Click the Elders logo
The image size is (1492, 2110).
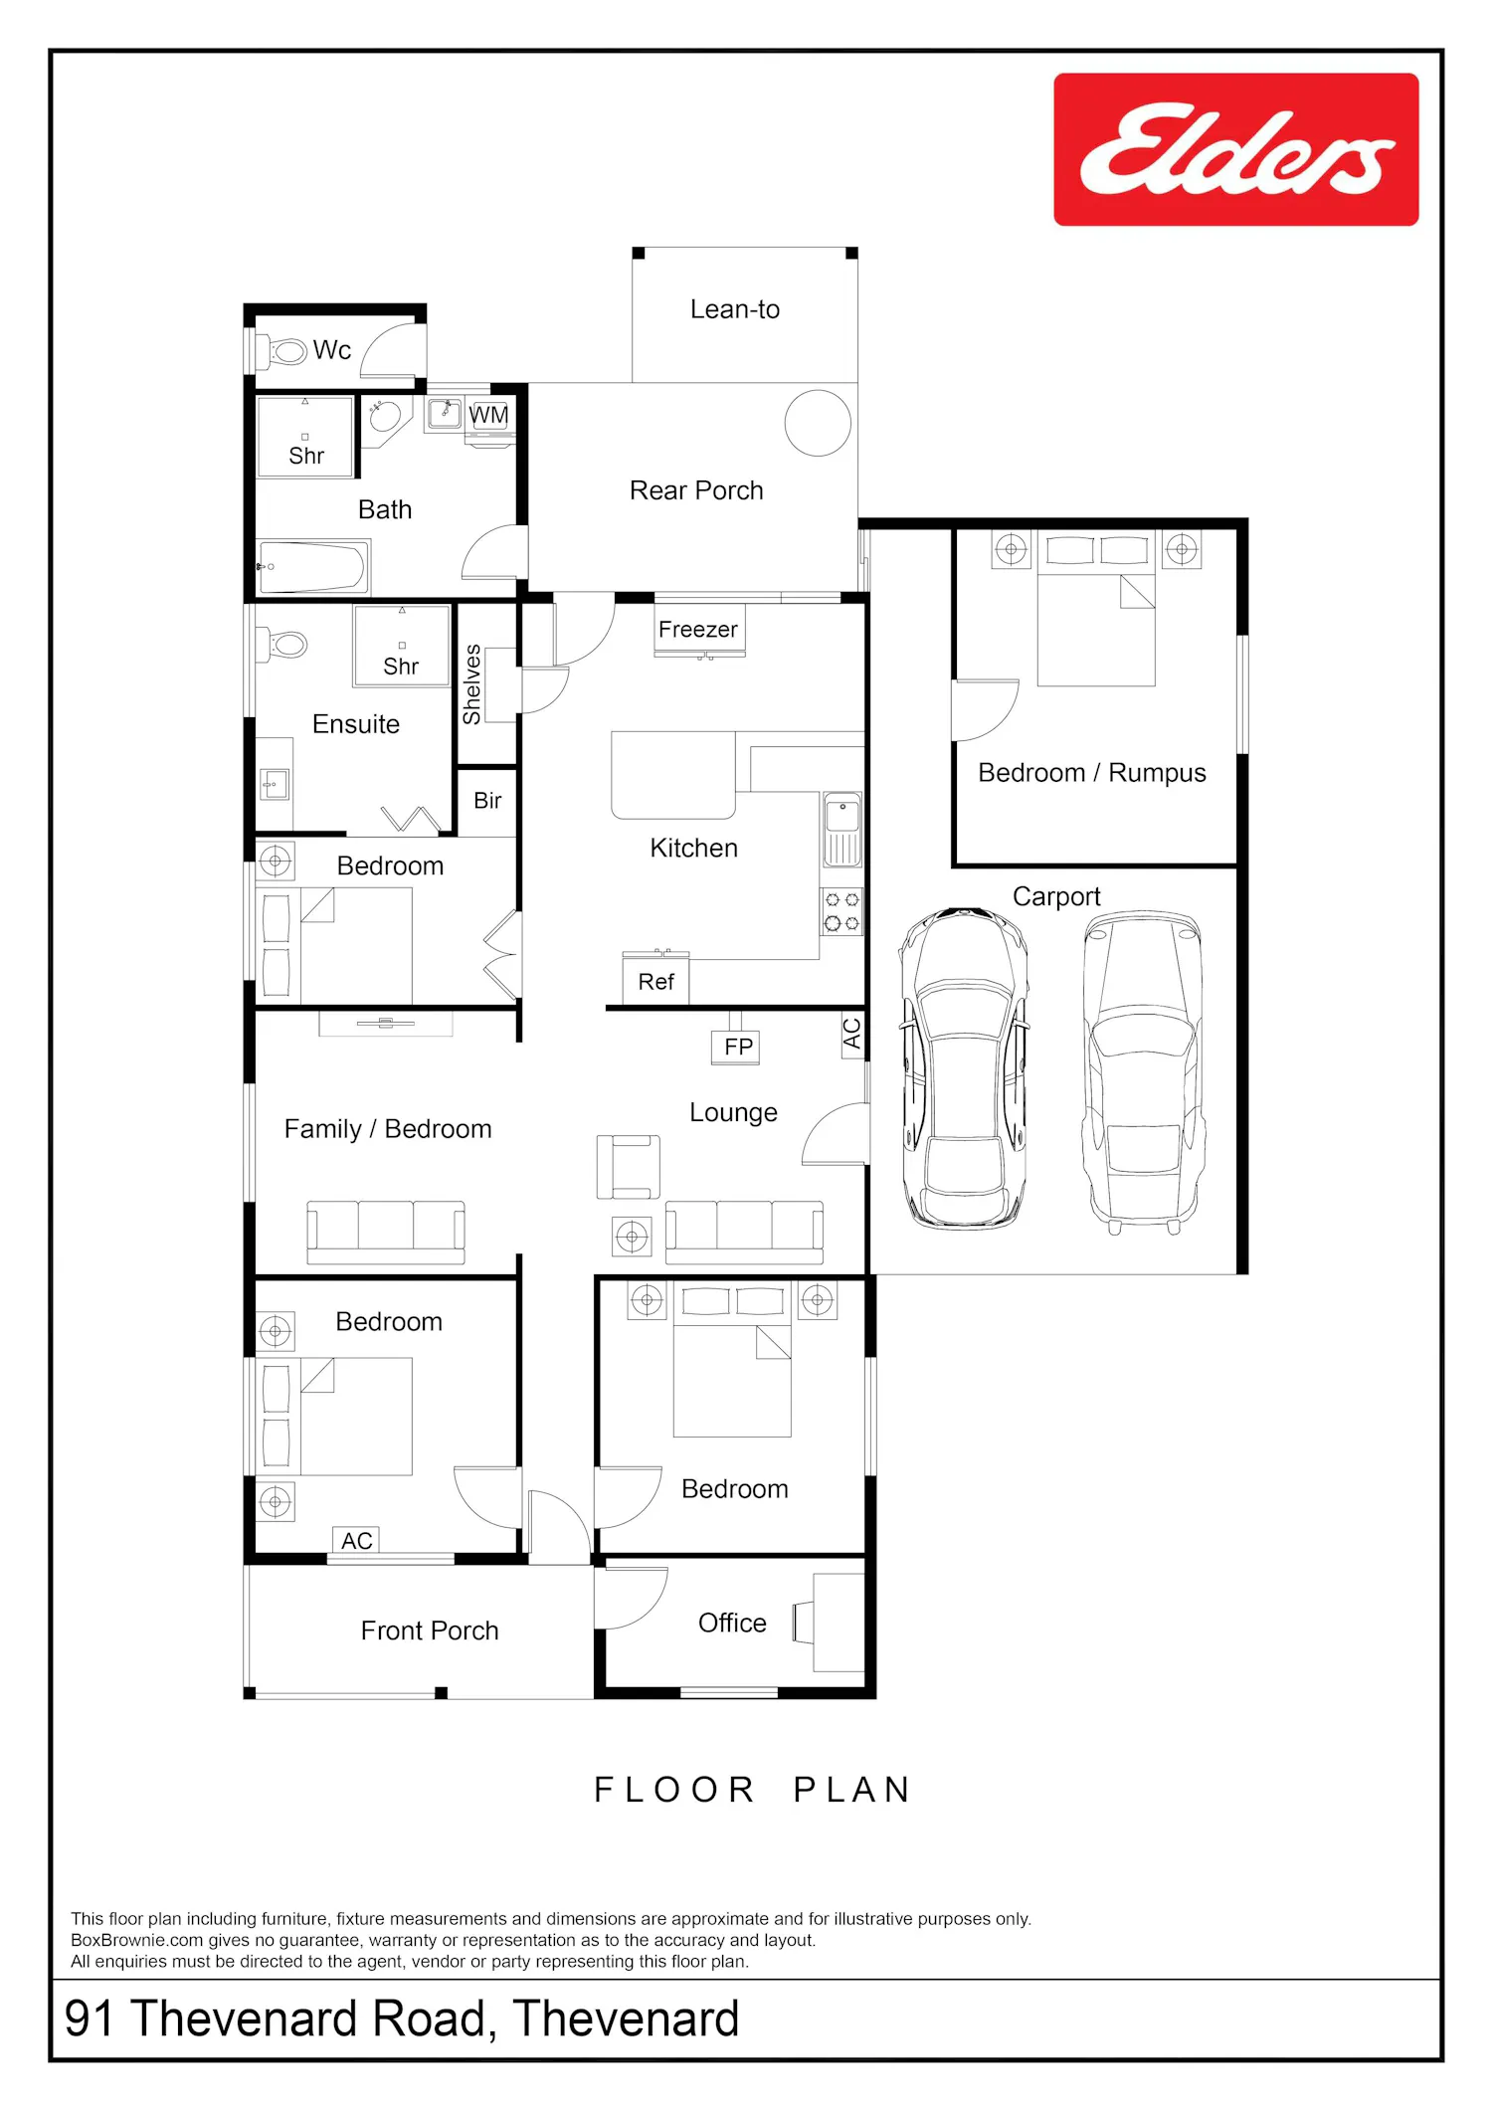[1236, 149]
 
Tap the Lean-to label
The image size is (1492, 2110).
[735, 309]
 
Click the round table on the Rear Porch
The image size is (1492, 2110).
[818, 423]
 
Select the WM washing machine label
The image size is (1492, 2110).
[488, 415]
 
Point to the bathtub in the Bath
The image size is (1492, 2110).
[313, 566]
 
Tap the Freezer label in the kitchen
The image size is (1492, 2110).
[698, 630]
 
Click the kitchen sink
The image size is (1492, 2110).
[841, 829]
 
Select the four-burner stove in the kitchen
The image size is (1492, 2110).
[841, 912]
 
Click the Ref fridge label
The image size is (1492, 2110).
[656, 982]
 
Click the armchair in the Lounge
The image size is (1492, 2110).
[628, 1167]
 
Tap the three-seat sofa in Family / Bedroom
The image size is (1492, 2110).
[386, 1232]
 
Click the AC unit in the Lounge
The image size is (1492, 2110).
[852, 1034]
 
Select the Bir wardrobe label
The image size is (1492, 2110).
[487, 801]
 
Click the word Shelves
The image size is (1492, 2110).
[472, 684]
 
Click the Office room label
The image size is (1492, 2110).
[732, 1623]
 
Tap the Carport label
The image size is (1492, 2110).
[1056, 897]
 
